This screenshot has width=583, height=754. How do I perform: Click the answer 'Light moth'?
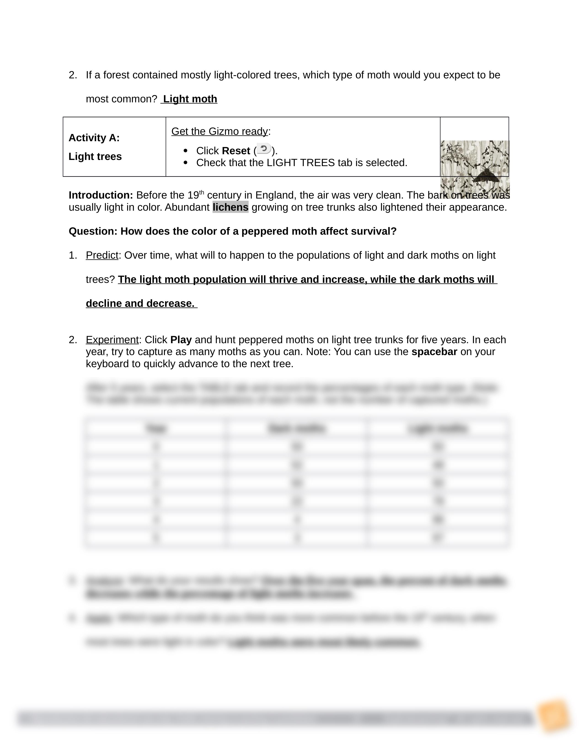tap(190, 99)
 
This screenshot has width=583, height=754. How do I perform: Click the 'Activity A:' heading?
tap(94, 138)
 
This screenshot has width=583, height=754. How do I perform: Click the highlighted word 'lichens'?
tap(230, 207)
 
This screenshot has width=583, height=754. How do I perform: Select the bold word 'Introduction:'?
tap(101, 195)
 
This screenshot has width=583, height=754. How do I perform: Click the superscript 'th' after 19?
tap(202, 192)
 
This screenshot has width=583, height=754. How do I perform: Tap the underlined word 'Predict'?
tap(102, 255)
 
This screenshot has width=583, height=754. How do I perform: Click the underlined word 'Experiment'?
tap(112, 340)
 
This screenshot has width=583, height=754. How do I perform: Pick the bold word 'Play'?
tap(181, 340)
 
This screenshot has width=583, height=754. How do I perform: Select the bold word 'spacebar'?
tap(434, 352)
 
